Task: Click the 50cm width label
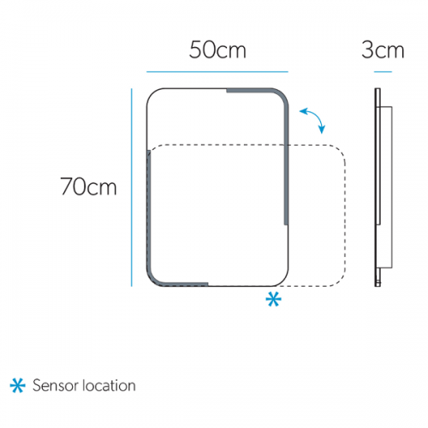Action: click(x=217, y=50)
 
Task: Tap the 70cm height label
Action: click(x=88, y=187)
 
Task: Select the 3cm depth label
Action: click(x=383, y=50)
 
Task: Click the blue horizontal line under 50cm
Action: click(x=217, y=72)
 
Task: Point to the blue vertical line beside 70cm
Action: click(x=132, y=187)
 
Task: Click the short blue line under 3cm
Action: click(x=383, y=72)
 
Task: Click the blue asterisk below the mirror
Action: click(x=273, y=300)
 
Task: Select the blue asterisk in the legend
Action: click(x=18, y=385)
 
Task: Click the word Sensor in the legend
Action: click(x=56, y=385)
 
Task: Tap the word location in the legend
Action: click(x=110, y=385)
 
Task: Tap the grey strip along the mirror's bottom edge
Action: click(x=186, y=284)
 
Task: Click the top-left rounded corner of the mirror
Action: click(x=152, y=93)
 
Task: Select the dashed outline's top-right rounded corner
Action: click(x=340, y=151)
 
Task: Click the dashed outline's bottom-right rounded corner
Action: click(x=341, y=281)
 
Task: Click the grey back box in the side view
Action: click(x=386, y=187)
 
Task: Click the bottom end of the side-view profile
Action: click(x=377, y=286)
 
